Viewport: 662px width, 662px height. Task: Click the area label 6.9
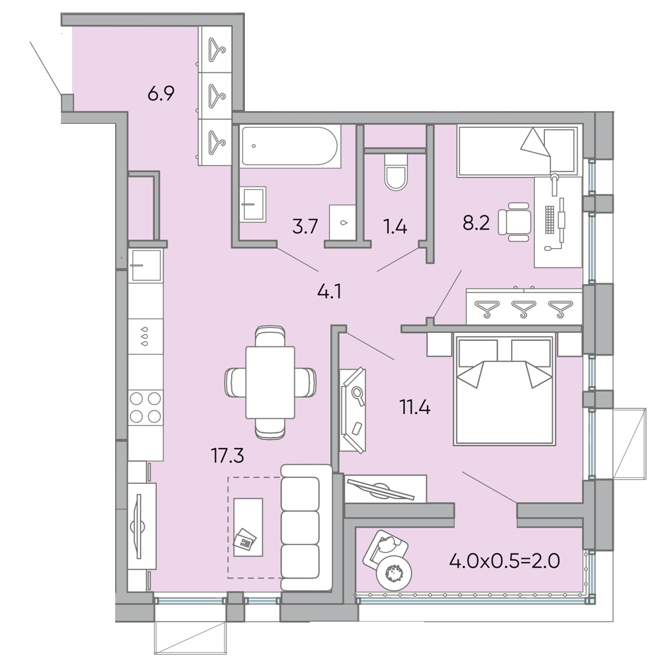tap(160, 94)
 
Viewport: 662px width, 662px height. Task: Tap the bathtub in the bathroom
tap(290, 146)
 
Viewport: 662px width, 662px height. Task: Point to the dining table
tap(269, 382)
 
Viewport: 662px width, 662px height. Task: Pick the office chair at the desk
tap(514, 220)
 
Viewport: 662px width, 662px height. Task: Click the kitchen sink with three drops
tap(144, 335)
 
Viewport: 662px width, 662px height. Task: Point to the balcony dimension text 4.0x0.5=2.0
tap(504, 562)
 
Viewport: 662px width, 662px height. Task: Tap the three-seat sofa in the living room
tap(306, 528)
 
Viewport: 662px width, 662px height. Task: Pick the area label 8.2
tap(475, 223)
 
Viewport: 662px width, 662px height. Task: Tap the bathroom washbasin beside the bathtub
tap(252, 205)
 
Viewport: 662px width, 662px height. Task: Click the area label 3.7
tap(306, 227)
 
